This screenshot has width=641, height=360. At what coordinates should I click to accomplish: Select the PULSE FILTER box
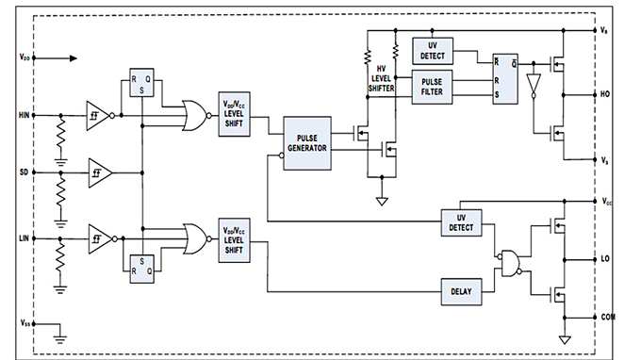[x=433, y=88]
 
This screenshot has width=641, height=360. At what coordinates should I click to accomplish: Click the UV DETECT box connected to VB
[x=433, y=50]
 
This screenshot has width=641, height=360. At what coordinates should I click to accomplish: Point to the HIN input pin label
[x=24, y=115]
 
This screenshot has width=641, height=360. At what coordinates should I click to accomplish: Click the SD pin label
[x=25, y=173]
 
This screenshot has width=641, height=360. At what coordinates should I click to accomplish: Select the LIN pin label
[x=25, y=240]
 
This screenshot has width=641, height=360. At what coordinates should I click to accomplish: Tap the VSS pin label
[x=24, y=322]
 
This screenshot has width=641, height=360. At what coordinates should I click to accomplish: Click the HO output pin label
[x=606, y=94]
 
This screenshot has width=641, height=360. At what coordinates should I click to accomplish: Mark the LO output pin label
[x=606, y=257]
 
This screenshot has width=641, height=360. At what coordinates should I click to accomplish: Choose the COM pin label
[x=608, y=318]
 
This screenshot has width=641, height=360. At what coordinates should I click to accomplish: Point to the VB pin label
[x=605, y=30]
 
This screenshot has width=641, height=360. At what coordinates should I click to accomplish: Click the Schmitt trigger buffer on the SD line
[x=98, y=173]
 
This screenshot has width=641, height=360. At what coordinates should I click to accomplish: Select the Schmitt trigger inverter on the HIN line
[x=99, y=115]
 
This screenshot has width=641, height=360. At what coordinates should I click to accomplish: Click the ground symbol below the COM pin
[x=564, y=338]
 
